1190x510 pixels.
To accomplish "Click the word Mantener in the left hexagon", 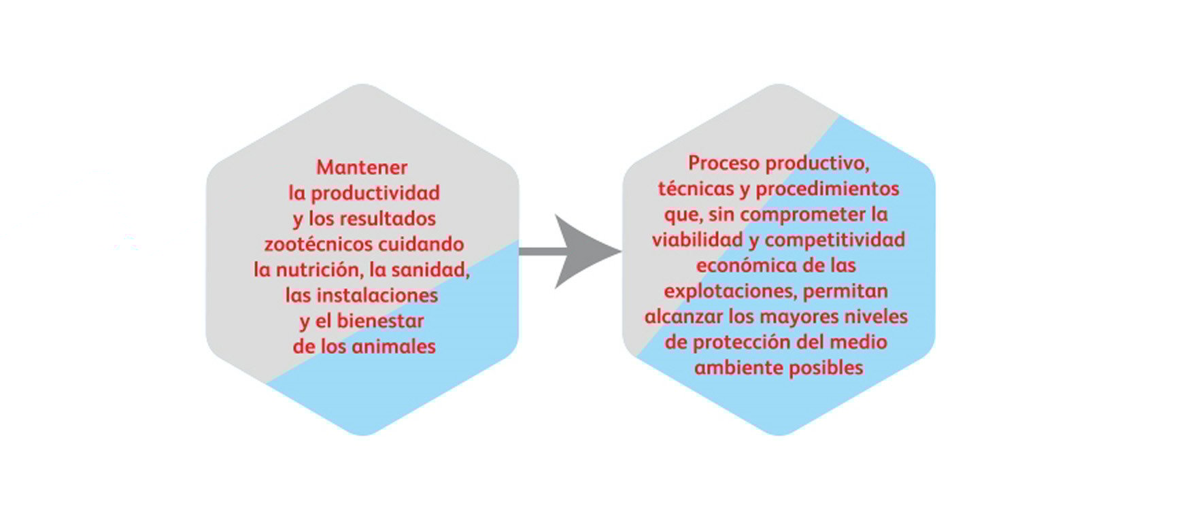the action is (x=362, y=167).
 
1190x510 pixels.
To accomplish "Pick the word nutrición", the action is (x=318, y=270).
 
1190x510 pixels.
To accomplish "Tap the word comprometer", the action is (x=803, y=216).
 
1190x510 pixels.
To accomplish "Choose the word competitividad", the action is (x=835, y=241).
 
